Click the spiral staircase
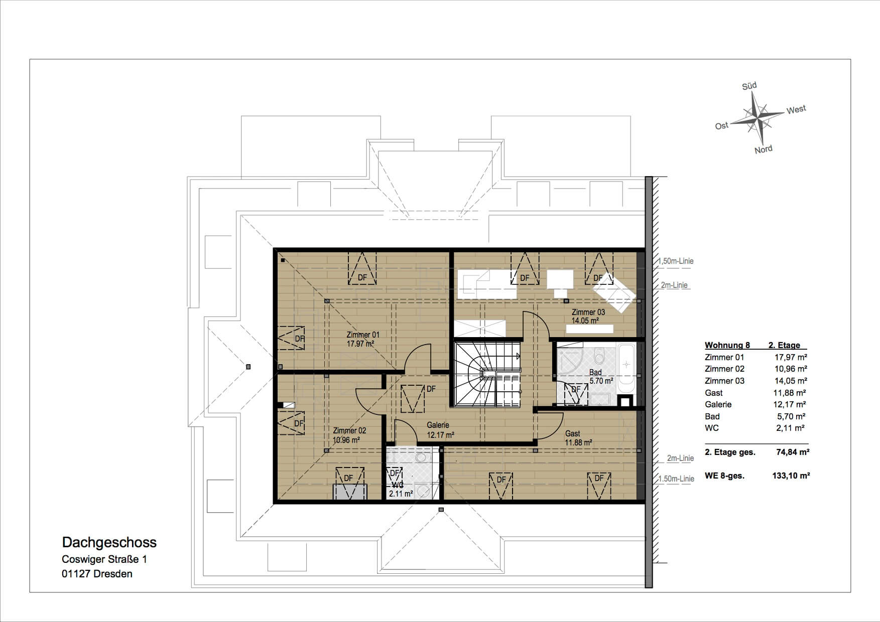click(487, 374)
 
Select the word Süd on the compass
click(749, 86)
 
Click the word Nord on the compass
click(764, 149)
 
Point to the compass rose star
click(757, 118)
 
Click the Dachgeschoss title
click(109, 542)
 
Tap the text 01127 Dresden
click(97, 574)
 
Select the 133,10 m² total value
click(791, 476)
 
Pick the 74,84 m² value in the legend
click(793, 452)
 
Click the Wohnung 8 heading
click(727, 345)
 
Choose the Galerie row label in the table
click(718, 404)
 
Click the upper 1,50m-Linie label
click(676, 261)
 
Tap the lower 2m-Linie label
click(680, 458)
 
